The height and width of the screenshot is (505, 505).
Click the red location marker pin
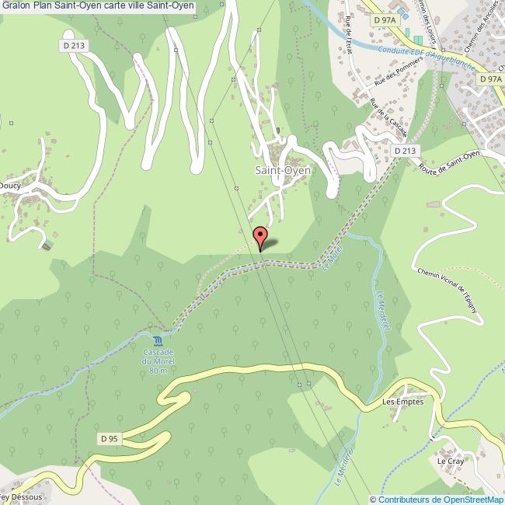[x=260, y=235]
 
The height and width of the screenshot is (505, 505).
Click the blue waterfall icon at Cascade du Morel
[x=158, y=341]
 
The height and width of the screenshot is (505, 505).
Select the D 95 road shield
[x=109, y=439]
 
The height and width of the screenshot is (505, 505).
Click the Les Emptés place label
[x=402, y=402]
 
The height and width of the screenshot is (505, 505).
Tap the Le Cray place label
[x=449, y=461]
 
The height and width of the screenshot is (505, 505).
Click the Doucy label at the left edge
[x=10, y=186]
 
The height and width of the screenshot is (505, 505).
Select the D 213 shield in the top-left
[x=75, y=47]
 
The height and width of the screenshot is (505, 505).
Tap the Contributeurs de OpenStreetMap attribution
[x=437, y=500]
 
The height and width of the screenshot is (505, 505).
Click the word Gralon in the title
[x=15, y=6]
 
